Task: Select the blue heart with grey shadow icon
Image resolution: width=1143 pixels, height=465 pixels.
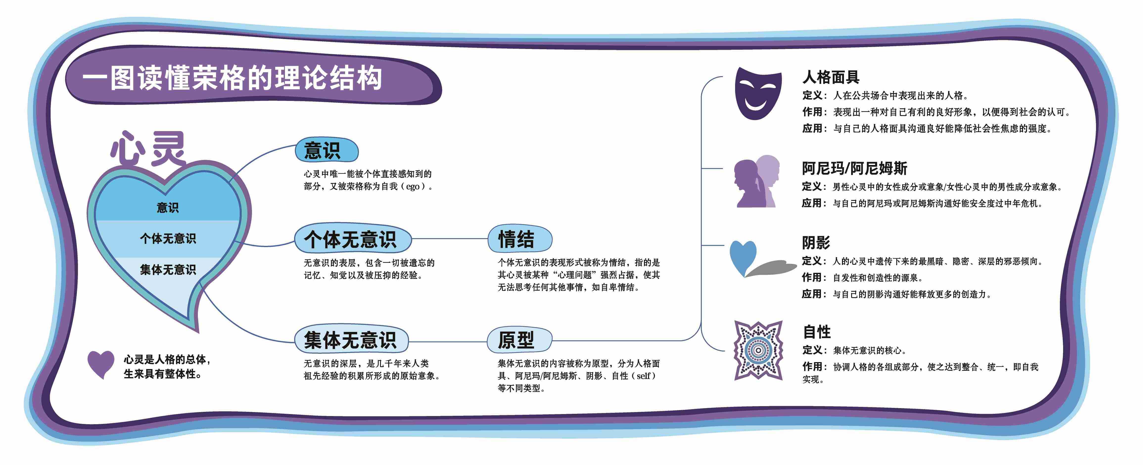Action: coord(754,259)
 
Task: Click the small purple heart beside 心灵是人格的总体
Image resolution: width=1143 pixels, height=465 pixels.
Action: coord(101,363)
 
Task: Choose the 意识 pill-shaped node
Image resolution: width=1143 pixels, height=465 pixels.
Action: coord(326,150)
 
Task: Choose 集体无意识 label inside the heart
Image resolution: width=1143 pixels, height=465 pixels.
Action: coord(168,269)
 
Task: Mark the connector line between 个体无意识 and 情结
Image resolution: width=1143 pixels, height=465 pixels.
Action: coord(449,239)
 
